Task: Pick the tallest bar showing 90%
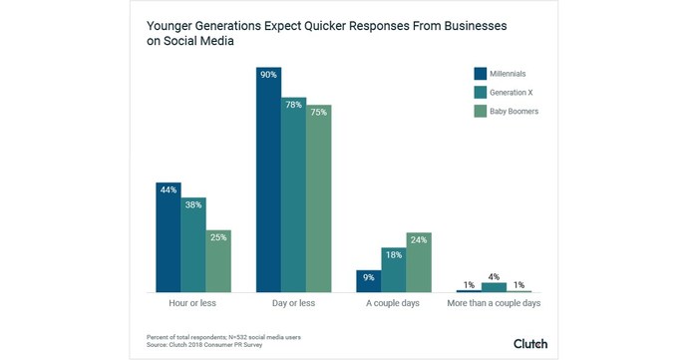268,180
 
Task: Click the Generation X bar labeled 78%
293,194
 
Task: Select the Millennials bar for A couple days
368,281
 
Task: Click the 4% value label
494,276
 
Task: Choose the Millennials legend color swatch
480,73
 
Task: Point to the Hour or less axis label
193,302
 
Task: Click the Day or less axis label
293,302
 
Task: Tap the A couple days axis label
393,302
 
